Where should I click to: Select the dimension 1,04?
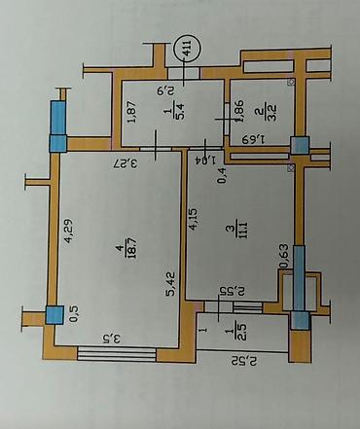pyautogui.click(x=202, y=157)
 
